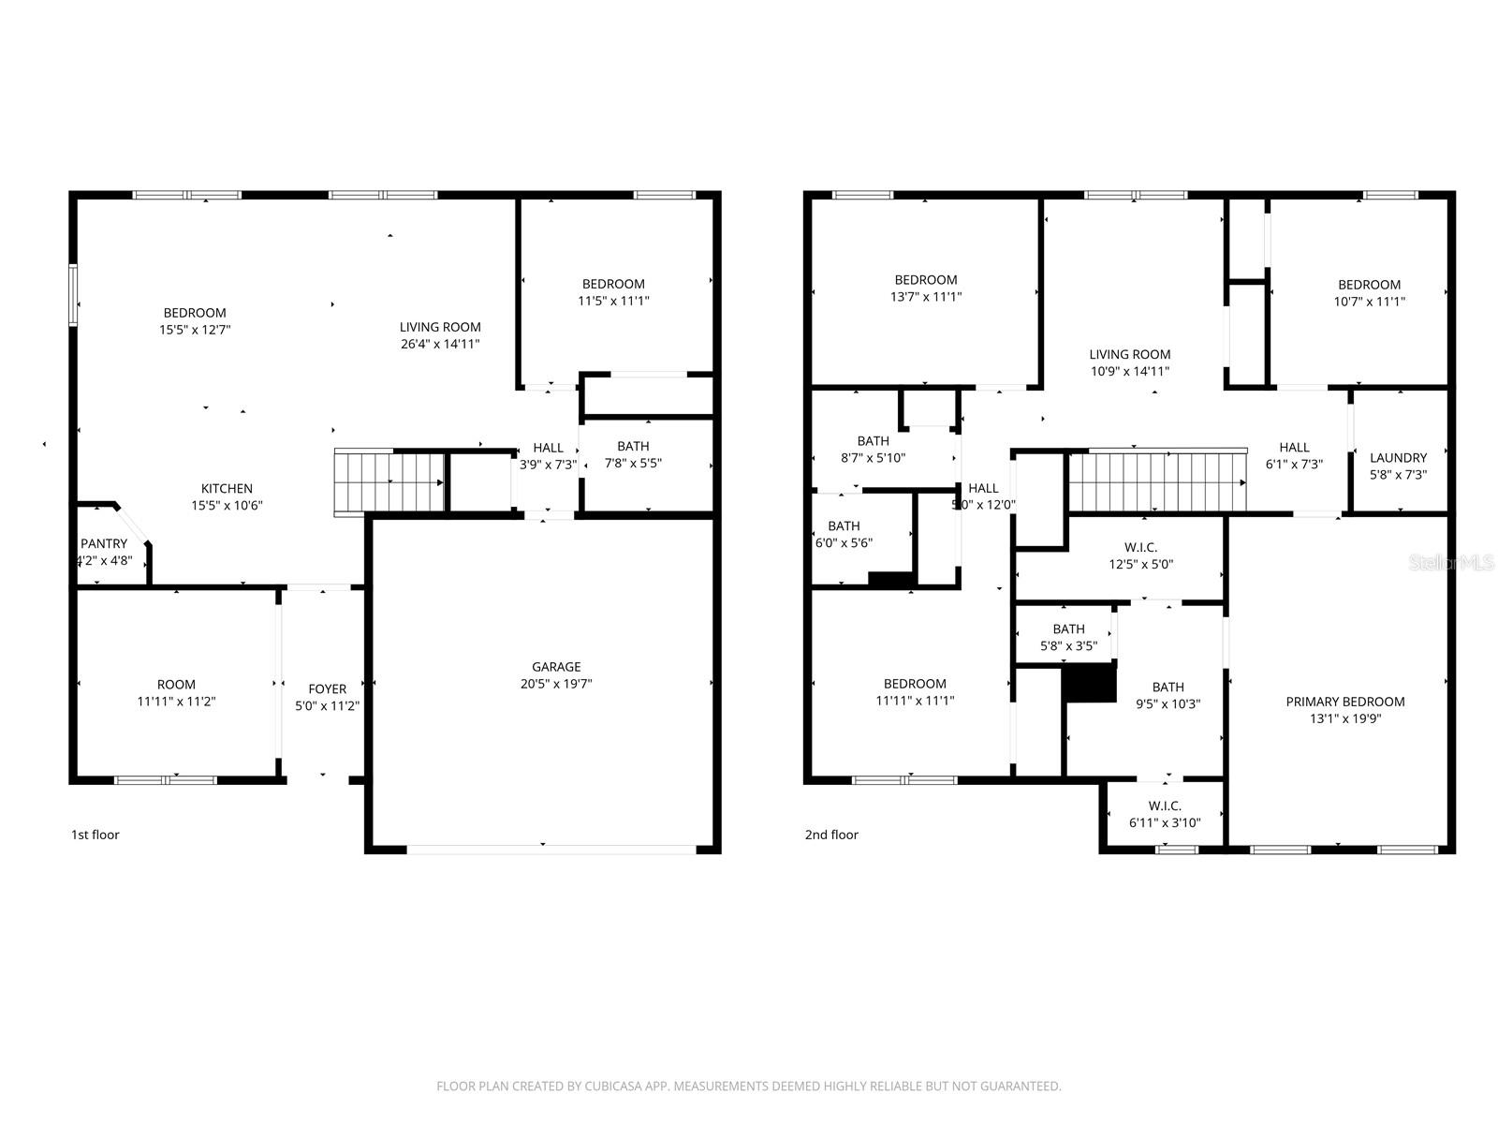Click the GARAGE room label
click(556, 667)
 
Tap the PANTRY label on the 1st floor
click(104, 544)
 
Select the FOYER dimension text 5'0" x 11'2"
click(328, 706)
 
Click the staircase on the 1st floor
click(389, 481)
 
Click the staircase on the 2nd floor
click(1157, 481)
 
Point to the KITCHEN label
click(227, 489)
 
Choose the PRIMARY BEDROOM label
click(1344, 702)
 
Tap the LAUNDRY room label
click(1398, 458)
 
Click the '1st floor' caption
click(95, 835)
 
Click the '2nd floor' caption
click(831, 835)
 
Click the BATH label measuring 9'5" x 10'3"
click(1168, 688)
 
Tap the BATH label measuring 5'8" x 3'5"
click(1068, 629)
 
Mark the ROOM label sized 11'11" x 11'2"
click(176, 685)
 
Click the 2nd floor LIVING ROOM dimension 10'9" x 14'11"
click(1129, 371)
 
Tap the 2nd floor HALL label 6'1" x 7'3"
click(1294, 448)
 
